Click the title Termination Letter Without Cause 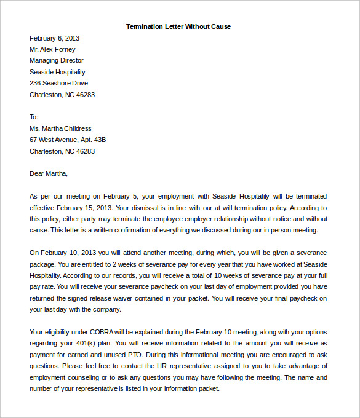pyautogui.click(x=178, y=26)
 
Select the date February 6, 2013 pyautogui.click(x=54, y=38)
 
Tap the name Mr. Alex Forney pyautogui.click(x=52, y=49)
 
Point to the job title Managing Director pyautogui.click(x=57, y=60)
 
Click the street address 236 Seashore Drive pyautogui.click(x=58, y=83)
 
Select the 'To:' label pyautogui.click(x=34, y=117)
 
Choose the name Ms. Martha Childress pyautogui.click(x=60, y=128)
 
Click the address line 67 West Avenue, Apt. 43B pyautogui.click(x=68, y=140)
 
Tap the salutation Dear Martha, pyautogui.click(x=49, y=173)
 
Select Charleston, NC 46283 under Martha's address pyautogui.click(x=62, y=151)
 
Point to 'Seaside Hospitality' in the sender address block pyautogui.click(x=57, y=72)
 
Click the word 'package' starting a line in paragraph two pyautogui.click(x=43, y=264)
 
